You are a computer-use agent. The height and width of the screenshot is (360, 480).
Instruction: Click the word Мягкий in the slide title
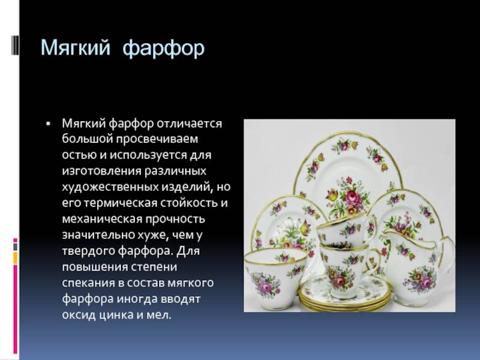coord(76,47)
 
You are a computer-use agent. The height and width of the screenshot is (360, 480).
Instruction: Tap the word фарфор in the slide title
coord(163,49)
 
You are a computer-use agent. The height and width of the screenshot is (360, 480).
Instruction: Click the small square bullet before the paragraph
coord(48,124)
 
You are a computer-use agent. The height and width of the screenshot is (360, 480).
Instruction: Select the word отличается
coord(189,124)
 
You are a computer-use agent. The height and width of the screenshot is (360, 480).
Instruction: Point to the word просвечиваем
coord(157,139)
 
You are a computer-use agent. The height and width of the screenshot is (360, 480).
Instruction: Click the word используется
coord(148,155)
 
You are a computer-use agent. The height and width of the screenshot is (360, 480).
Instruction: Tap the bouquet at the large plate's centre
coord(346,197)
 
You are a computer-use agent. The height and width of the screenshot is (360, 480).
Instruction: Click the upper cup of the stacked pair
coord(347,230)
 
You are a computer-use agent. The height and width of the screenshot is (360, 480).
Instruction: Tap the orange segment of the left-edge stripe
coord(16,258)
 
